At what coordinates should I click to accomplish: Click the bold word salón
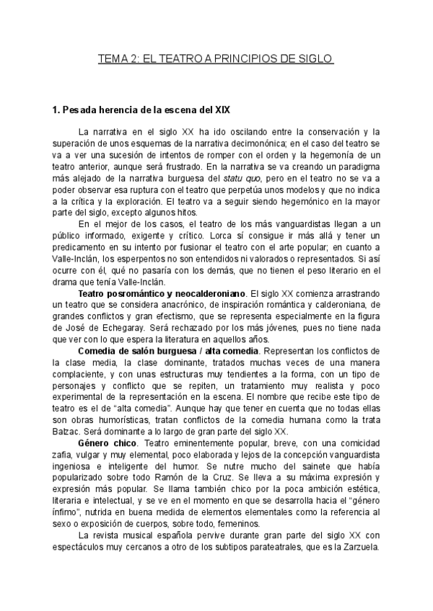(149, 351)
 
